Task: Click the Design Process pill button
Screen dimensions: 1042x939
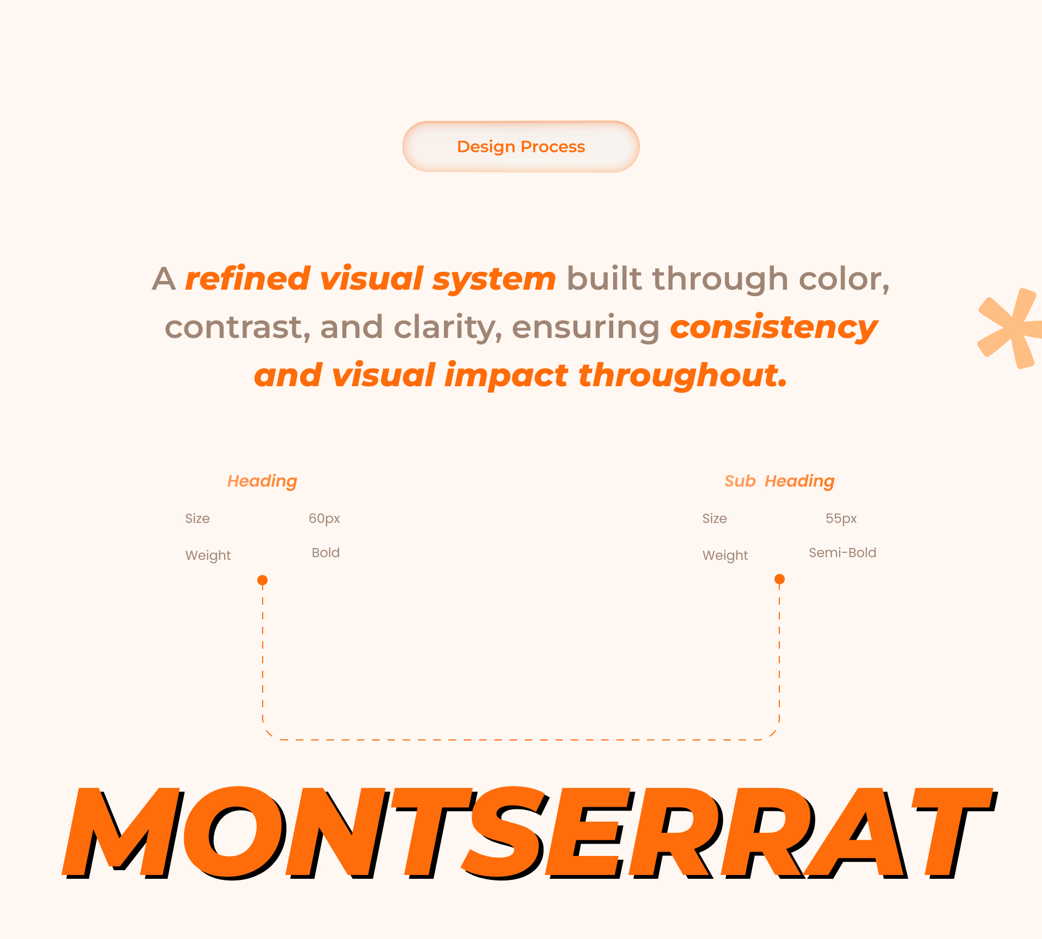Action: (x=521, y=146)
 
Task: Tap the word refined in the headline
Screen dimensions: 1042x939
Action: (x=247, y=278)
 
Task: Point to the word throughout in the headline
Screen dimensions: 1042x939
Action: (x=683, y=375)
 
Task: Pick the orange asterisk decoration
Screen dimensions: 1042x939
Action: (x=1010, y=328)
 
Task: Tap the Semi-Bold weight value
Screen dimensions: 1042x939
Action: (x=842, y=553)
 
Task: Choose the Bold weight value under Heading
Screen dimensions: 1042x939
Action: (x=326, y=553)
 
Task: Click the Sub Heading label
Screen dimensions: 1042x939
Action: (x=779, y=481)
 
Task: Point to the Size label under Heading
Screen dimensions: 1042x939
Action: (x=198, y=519)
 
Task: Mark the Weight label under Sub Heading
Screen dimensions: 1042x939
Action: (x=725, y=555)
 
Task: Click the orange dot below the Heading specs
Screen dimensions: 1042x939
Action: (x=263, y=580)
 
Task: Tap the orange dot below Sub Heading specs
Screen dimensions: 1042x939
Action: (x=779, y=579)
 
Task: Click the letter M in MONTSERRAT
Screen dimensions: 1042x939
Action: (x=122, y=833)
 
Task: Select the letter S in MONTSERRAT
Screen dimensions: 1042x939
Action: (x=505, y=833)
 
